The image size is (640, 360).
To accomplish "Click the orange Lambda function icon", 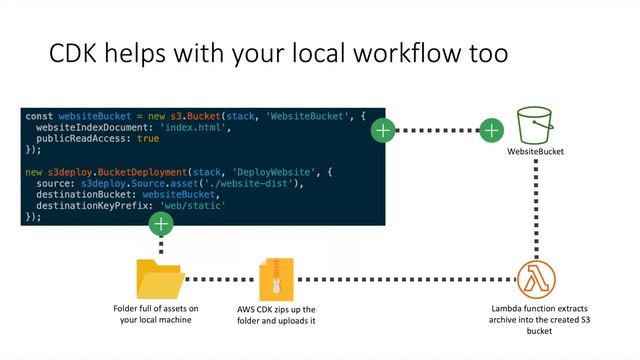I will coord(537,276).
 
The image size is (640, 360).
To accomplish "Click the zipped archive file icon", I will coord(276,279).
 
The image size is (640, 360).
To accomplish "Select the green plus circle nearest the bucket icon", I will coord(491,129).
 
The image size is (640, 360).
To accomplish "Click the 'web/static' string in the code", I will coord(187,204).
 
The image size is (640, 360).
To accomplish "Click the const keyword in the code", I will coord(40,117).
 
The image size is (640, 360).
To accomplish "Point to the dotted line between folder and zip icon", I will coord(218,279).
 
